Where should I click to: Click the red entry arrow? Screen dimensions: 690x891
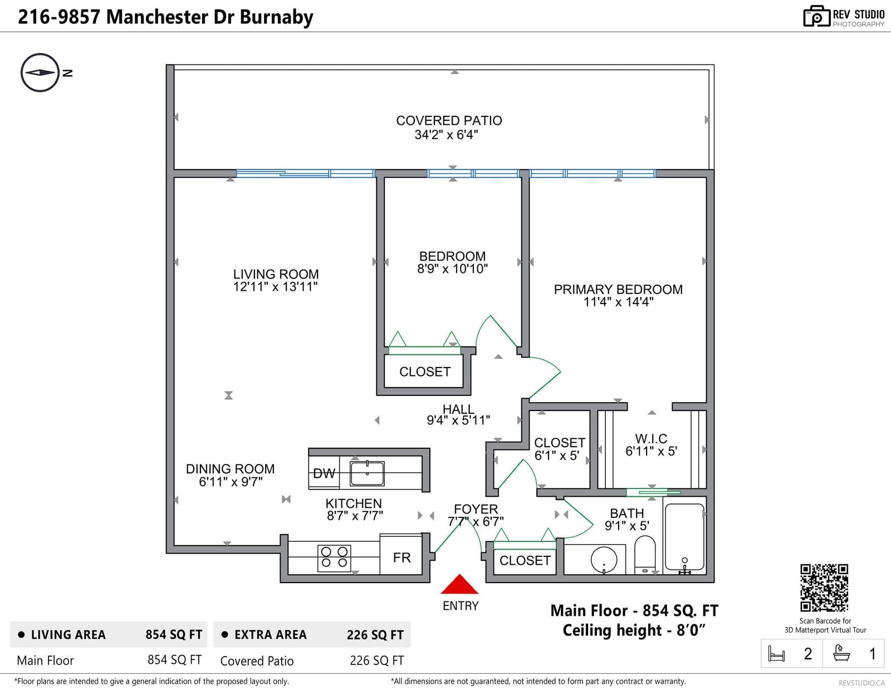tap(459, 585)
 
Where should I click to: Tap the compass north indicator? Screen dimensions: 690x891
tap(40, 72)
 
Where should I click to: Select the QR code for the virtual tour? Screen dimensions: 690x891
tap(824, 588)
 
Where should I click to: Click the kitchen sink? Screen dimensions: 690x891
tap(367, 473)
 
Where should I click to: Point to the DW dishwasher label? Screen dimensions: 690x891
tap(324, 473)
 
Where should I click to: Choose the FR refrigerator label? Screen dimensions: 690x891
tap(402, 557)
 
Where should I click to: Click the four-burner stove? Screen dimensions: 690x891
tap(334, 557)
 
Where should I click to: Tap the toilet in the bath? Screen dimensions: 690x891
tap(645, 554)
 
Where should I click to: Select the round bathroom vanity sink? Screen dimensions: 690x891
tap(604, 559)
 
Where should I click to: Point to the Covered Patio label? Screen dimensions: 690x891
tap(449, 121)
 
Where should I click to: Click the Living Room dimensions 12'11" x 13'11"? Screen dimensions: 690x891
tap(275, 287)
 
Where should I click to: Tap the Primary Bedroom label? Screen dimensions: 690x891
tap(618, 290)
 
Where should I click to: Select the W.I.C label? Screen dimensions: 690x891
tap(651, 439)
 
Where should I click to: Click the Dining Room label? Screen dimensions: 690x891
tap(230, 469)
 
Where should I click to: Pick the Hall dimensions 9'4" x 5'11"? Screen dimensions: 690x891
tap(458, 420)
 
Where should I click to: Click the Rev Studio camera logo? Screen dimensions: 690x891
tap(816, 16)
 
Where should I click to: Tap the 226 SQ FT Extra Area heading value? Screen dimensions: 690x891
tap(375, 635)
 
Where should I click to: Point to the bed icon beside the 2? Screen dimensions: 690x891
tap(776, 653)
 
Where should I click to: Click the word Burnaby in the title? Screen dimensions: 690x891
tap(276, 17)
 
